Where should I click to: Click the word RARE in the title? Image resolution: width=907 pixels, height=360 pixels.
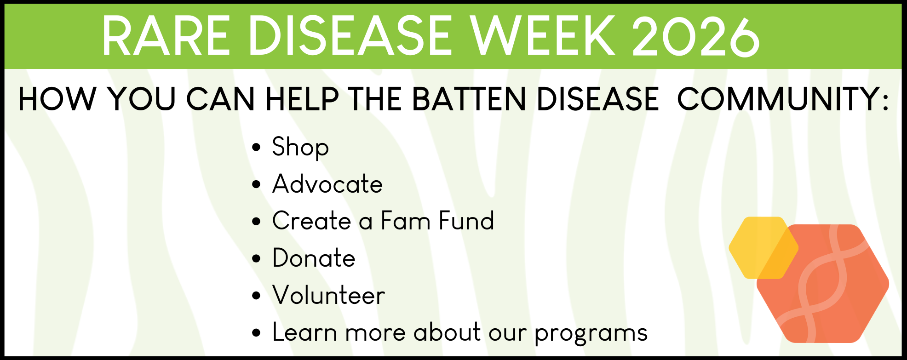click(166, 36)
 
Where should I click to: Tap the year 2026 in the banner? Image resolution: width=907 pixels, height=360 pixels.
click(696, 36)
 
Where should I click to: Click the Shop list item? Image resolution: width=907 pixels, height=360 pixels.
click(300, 148)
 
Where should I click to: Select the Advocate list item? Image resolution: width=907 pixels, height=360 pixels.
click(327, 184)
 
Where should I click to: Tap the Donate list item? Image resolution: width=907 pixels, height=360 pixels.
click(314, 258)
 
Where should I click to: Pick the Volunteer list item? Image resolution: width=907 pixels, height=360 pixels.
click(328, 295)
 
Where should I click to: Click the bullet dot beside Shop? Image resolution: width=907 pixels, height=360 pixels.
click(256, 148)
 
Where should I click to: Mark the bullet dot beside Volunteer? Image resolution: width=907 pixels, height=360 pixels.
click(256, 296)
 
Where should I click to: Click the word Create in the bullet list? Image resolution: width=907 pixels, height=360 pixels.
click(312, 221)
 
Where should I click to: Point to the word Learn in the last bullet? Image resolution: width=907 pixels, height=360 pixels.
click(304, 332)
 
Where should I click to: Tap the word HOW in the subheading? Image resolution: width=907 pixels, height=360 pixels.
click(57, 99)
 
